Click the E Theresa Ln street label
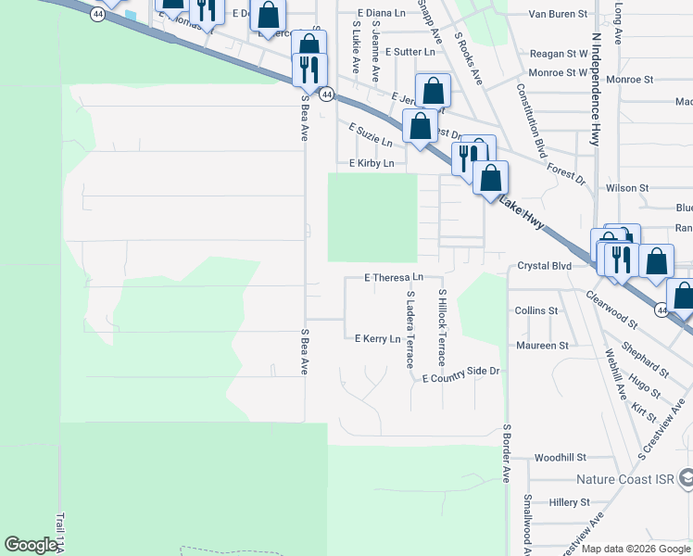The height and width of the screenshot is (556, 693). tap(394, 277)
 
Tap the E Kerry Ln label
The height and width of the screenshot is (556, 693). tap(378, 339)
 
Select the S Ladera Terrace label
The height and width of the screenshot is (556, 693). tap(409, 329)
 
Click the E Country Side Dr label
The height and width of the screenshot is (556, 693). tap(460, 375)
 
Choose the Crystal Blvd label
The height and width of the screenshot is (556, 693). tap(544, 266)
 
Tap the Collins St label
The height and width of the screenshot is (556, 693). tap(536, 311)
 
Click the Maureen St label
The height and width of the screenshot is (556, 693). tap(542, 346)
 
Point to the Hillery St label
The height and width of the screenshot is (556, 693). tap(569, 502)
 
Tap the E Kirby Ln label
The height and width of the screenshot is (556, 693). tap(372, 163)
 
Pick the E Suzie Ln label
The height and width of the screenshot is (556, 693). tap(371, 136)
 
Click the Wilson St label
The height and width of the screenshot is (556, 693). tap(627, 188)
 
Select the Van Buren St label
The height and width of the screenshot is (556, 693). tap(558, 15)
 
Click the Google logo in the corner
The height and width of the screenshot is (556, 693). tap(31, 545)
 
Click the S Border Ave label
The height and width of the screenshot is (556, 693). tap(507, 454)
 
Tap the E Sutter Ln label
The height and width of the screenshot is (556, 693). tap(409, 52)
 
